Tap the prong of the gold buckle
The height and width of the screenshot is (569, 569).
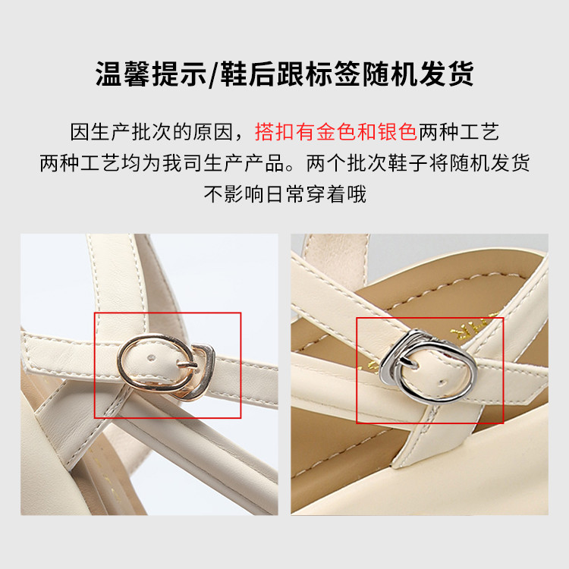[x=187, y=364]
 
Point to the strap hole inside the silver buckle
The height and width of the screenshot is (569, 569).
[x=442, y=382]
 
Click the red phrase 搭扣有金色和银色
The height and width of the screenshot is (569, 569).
[x=335, y=132]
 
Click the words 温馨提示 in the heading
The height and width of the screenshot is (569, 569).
[x=151, y=74]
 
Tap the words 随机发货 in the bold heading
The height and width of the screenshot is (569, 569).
[x=418, y=74]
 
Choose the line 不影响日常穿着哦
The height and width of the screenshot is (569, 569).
[x=284, y=193]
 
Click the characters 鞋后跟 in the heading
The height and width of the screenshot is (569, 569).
[x=262, y=74]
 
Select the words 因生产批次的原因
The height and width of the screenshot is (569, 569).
[x=151, y=132]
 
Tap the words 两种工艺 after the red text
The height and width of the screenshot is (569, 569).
[x=459, y=132]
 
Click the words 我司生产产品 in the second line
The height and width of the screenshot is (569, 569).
[x=223, y=163]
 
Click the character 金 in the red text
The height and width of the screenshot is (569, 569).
[x=325, y=132]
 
